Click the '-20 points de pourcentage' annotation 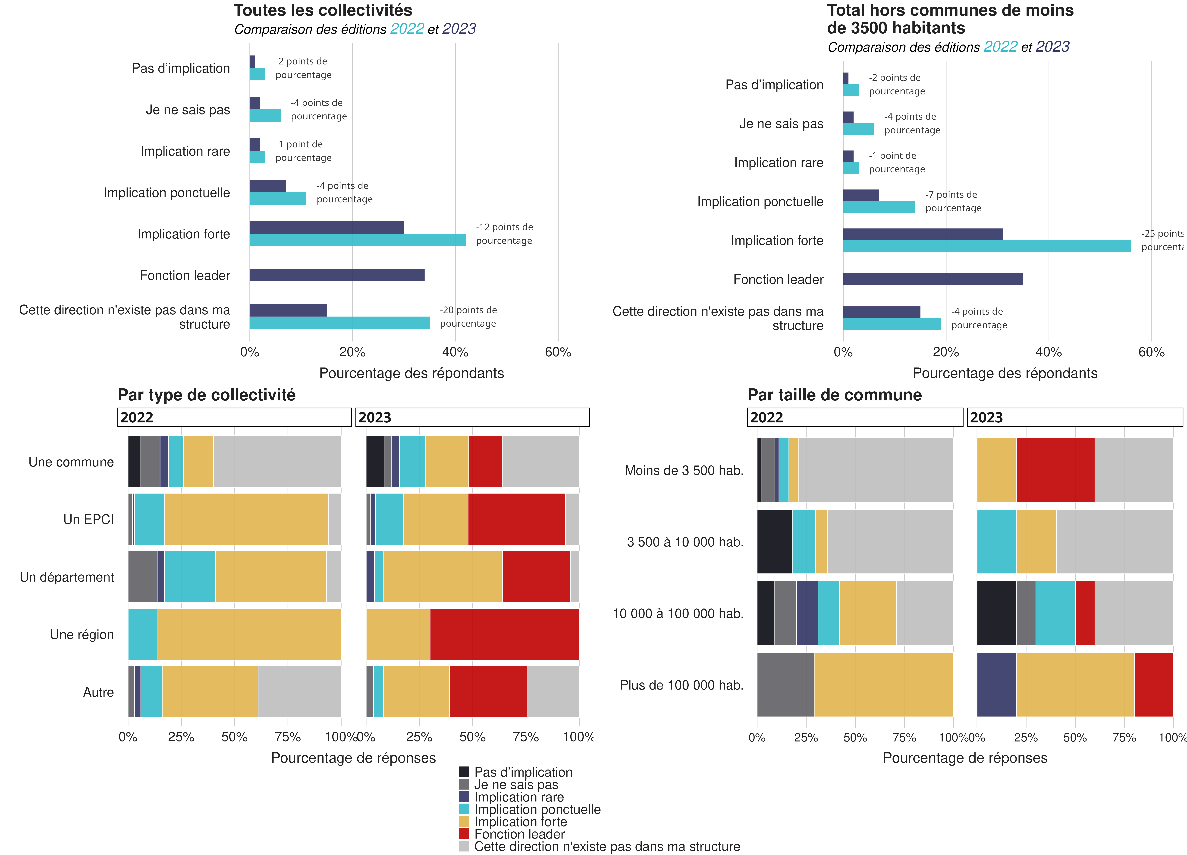tap(468, 317)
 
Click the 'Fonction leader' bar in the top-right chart tap(933, 279)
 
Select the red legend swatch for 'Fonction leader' tap(464, 833)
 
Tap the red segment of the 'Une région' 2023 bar tap(504, 634)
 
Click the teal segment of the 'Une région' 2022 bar tap(143, 634)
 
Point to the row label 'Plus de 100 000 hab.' tap(681, 685)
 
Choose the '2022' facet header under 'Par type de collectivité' tap(234, 417)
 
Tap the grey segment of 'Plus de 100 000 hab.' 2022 tap(785, 684)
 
